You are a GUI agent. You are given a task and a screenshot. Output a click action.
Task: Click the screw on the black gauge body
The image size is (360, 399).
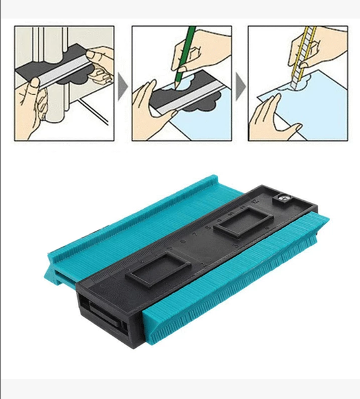pyautogui.click(x=281, y=198)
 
